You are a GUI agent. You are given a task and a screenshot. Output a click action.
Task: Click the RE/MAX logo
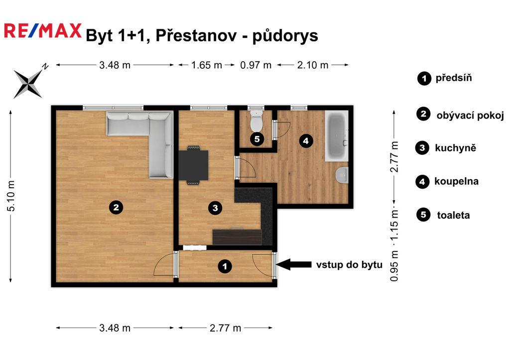[43, 31]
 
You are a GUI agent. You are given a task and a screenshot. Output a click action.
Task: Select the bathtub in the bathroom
[337, 135]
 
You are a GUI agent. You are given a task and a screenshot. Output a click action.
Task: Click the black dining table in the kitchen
[193, 165]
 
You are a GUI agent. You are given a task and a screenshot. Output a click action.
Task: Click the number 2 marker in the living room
[116, 207]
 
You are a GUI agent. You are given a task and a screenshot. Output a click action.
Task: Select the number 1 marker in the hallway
[225, 267]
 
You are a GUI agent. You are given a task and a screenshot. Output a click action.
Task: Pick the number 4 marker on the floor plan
[306, 141]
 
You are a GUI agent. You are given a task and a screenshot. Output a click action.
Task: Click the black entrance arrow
[294, 264]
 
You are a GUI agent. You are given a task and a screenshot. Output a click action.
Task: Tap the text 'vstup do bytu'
[349, 265]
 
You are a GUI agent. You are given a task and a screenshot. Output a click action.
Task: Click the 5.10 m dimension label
[11, 196]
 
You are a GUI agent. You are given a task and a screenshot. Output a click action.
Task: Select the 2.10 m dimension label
[313, 65]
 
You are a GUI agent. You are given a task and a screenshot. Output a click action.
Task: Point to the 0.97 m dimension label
[255, 65]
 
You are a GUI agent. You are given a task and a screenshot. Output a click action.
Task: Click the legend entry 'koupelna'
[456, 181]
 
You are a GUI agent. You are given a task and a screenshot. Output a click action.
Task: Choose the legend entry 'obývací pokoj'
[470, 116]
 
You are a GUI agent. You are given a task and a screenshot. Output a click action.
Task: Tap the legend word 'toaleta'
[453, 215]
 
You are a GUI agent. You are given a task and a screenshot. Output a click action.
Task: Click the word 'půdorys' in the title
[285, 36]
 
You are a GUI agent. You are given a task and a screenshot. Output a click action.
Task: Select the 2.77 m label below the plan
[226, 328]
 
